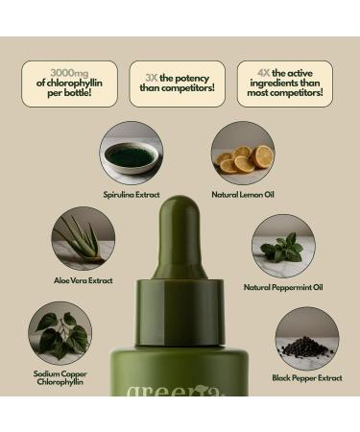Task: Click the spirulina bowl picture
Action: (x=132, y=153)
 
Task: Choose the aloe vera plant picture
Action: (x=83, y=238)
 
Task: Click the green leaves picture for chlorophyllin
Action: (x=60, y=333)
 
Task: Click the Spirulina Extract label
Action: (x=132, y=194)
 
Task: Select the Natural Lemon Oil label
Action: (x=243, y=194)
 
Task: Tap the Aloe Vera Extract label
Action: (x=83, y=280)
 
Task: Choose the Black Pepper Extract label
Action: (x=306, y=378)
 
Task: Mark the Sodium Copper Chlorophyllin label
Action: (x=60, y=378)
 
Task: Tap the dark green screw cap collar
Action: (x=180, y=306)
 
